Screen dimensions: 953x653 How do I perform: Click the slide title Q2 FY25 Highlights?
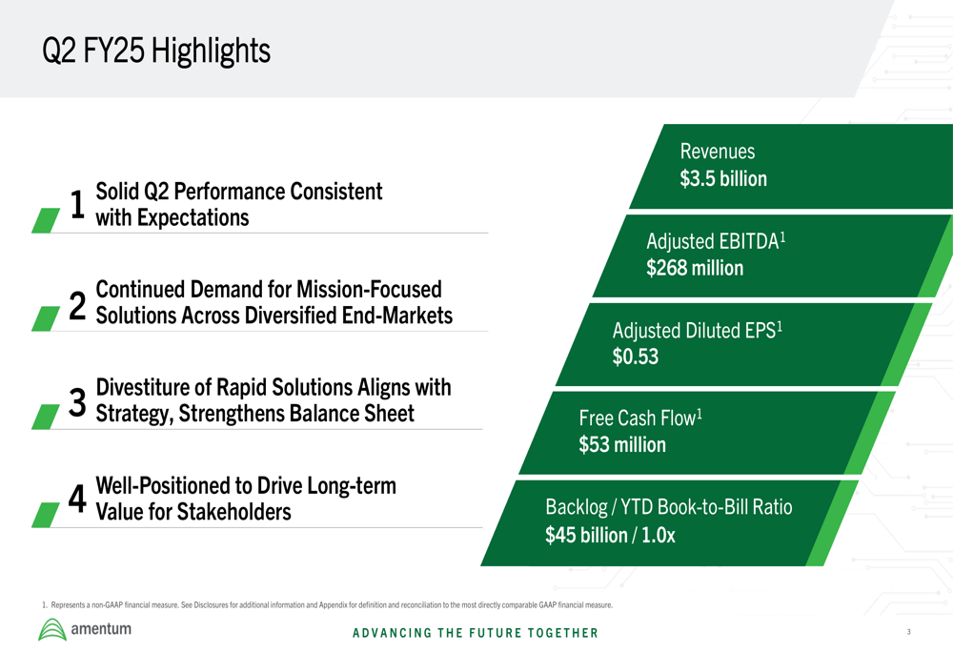(156, 51)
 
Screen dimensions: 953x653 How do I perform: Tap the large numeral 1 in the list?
(77, 204)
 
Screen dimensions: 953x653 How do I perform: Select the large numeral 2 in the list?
(77, 305)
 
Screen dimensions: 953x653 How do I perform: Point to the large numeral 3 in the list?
(77, 403)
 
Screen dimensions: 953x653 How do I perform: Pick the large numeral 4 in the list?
(77, 500)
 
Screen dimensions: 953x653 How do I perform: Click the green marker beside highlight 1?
(46, 220)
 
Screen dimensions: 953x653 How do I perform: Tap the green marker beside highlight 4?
(46, 515)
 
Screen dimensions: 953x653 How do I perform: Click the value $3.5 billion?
(723, 179)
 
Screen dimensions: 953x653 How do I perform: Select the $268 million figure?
(695, 268)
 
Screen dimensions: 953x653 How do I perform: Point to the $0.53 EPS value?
(635, 357)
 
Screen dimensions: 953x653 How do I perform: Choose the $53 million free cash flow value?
(622, 445)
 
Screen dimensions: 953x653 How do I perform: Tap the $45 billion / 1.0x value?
(610, 535)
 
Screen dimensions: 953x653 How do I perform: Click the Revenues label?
(718, 152)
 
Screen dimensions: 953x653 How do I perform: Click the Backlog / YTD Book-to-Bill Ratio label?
(669, 507)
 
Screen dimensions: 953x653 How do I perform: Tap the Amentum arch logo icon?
(52, 630)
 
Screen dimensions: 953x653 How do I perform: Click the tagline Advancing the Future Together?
(476, 633)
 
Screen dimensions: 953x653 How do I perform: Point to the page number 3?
(908, 632)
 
